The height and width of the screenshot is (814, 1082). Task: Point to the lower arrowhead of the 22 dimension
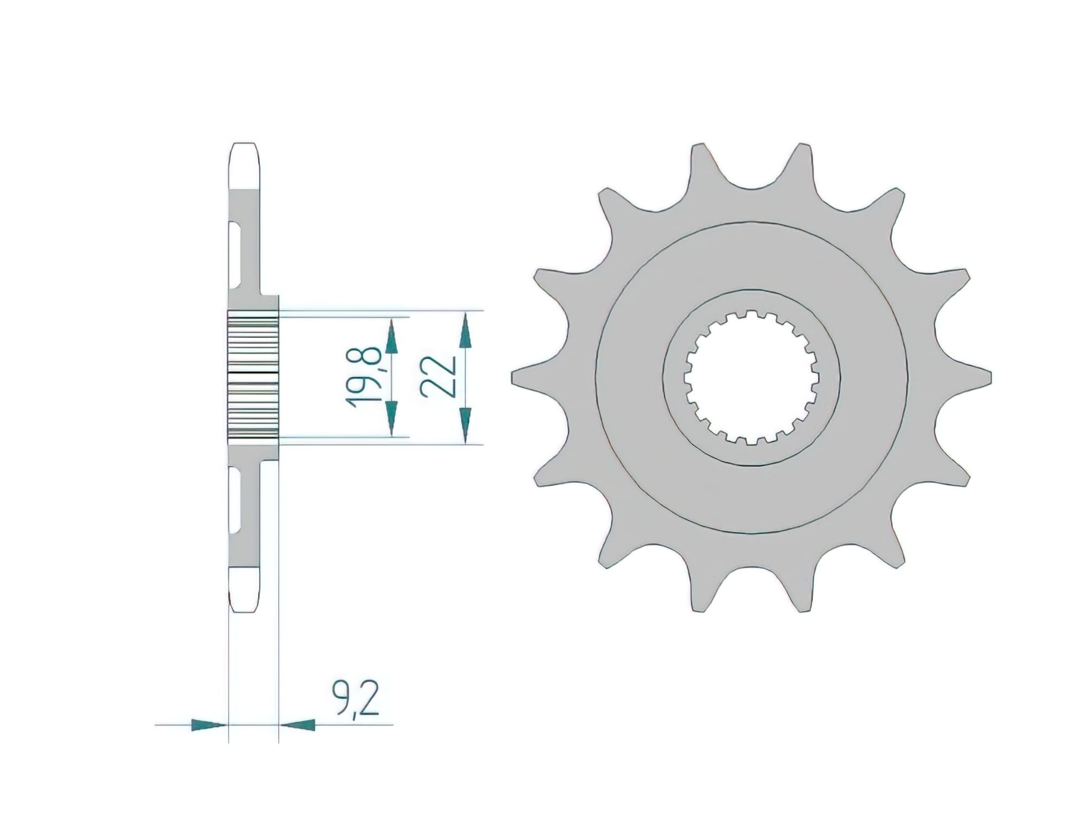pyautogui.click(x=464, y=424)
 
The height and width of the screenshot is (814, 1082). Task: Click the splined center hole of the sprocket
pyautogui.click(x=751, y=378)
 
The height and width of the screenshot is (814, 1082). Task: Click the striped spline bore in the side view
pyautogui.click(x=253, y=377)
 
